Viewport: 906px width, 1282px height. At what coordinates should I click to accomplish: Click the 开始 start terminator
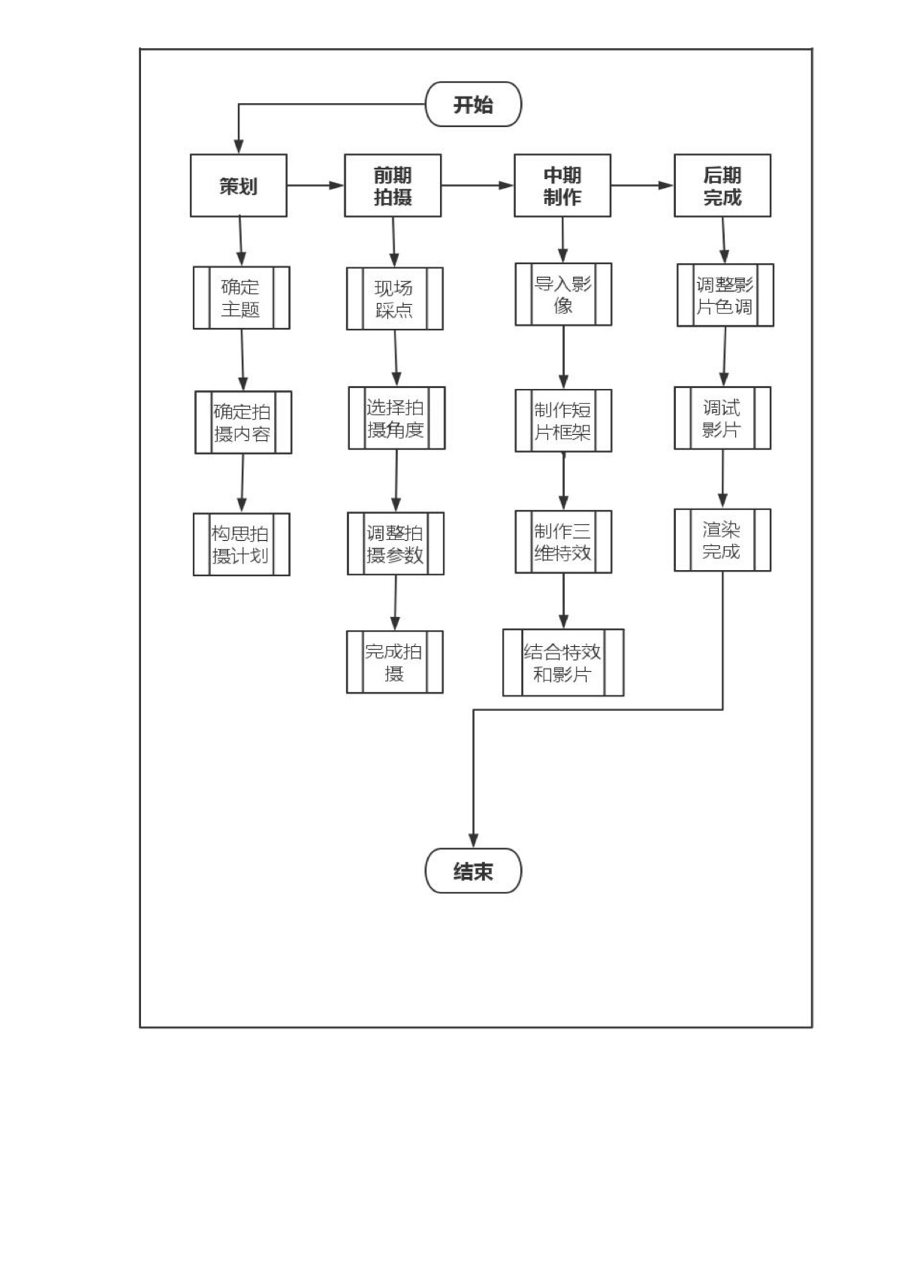click(x=473, y=104)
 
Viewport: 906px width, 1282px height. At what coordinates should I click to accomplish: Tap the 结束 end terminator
click(x=473, y=871)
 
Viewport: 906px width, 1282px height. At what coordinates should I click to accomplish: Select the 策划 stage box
click(x=238, y=186)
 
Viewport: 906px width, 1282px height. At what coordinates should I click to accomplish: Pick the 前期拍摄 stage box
click(x=393, y=186)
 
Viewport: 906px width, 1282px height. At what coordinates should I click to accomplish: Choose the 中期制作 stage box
click(x=563, y=186)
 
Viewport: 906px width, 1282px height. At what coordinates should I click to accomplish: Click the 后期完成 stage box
click(x=722, y=186)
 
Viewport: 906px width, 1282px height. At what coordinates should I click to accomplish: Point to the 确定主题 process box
click(x=241, y=297)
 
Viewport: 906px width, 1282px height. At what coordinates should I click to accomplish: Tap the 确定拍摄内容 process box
click(x=243, y=422)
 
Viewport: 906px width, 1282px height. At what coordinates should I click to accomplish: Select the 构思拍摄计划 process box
click(x=241, y=545)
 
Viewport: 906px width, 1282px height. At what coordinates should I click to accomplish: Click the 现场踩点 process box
click(x=395, y=298)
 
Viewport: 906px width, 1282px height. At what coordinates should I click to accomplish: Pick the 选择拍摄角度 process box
click(x=396, y=418)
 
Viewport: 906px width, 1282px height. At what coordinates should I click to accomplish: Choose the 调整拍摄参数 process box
click(x=395, y=544)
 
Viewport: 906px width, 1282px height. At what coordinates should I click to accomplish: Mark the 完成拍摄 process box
click(x=395, y=662)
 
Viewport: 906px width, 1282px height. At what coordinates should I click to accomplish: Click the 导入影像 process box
click(x=563, y=295)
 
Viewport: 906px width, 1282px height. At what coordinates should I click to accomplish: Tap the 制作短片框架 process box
click(x=563, y=420)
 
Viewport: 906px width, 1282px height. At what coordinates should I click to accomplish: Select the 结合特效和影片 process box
click(x=563, y=662)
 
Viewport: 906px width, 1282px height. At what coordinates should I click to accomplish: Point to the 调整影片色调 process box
click(x=725, y=295)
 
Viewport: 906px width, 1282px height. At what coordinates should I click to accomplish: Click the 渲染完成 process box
click(x=722, y=540)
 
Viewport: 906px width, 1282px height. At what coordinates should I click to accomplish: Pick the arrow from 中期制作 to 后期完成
click(x=642, y=186)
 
